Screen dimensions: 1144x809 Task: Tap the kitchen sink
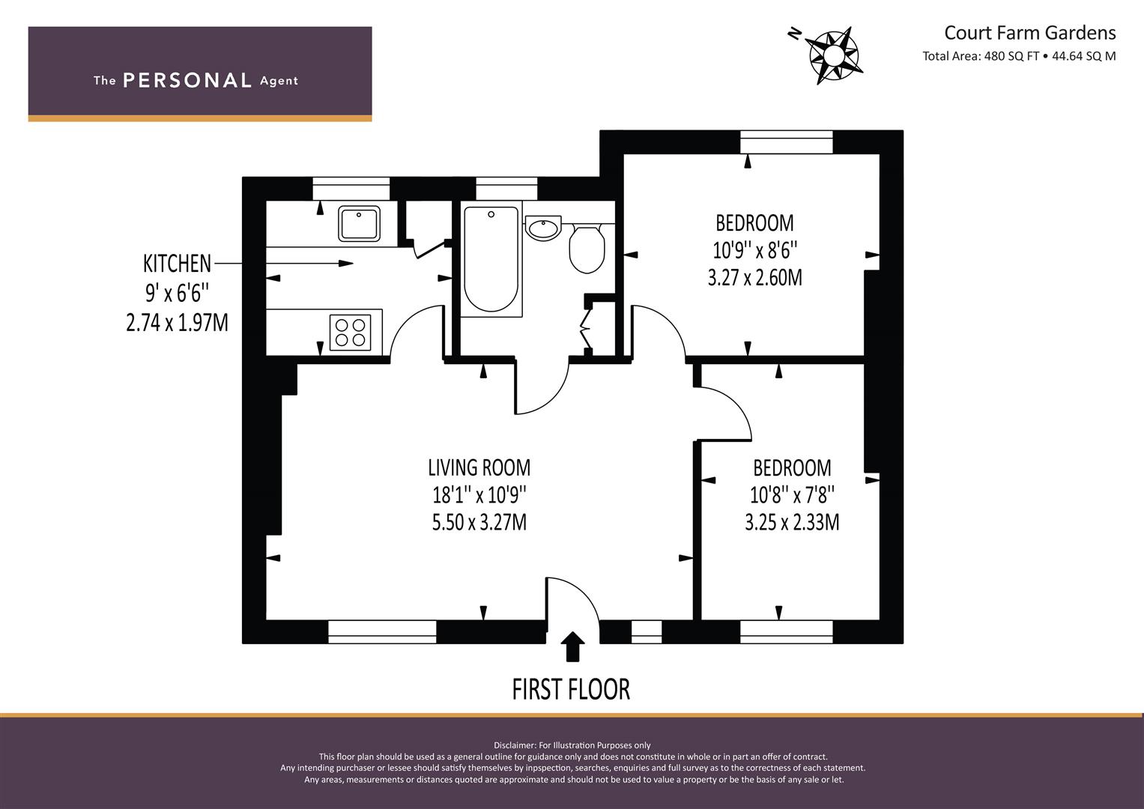pos(359,224)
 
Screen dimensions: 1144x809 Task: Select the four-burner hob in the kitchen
pos(351,333)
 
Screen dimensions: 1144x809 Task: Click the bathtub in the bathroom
pos(491,259)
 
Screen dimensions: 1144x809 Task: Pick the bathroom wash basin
pos(543,228)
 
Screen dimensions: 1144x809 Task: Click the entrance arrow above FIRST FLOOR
pos(572,646)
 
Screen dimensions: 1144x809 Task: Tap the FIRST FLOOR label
pos(571,689)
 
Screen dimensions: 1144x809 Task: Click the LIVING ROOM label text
pos(479,468)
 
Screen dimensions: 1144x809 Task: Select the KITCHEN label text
pos(177,264)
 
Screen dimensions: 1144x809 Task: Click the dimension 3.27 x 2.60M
pos(755,278)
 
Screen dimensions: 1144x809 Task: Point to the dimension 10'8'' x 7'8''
pos(792,495)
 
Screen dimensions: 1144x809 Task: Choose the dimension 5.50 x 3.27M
pos(479,523)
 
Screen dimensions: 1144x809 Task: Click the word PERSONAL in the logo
pos(187,81)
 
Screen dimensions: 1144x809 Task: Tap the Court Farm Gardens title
pos(1029,33)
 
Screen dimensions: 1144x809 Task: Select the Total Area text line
pos(1019,56)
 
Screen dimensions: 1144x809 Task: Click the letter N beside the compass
pos(794,34)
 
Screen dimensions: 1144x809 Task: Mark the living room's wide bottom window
pos(382,631)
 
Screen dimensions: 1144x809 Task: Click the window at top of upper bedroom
pos(787,142)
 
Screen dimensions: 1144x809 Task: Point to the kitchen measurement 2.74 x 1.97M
pos(177,323)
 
